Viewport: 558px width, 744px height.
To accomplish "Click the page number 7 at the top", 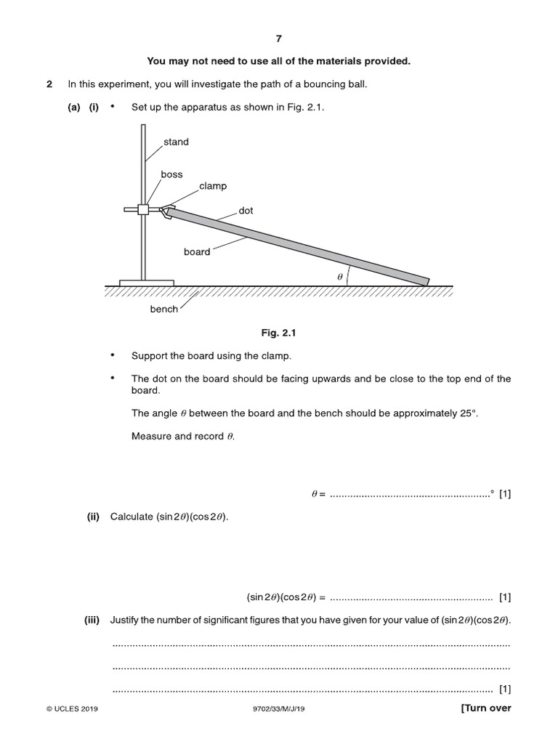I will coord(279,39).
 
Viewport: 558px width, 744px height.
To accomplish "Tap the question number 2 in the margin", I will coord(49,84).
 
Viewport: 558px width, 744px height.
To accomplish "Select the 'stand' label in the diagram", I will coord(176,142).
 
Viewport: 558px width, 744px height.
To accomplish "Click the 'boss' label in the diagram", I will coord(171,175).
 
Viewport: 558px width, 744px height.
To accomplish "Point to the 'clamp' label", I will coord(213,186).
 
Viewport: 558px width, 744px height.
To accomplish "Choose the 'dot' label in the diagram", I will coord(246,211).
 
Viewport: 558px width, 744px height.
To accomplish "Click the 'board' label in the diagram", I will coord(197,252).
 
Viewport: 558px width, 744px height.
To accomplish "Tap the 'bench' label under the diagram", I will coord(163,310).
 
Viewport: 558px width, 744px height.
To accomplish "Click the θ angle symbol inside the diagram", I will coord(339,277).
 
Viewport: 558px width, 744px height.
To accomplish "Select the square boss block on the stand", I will coord(143,209).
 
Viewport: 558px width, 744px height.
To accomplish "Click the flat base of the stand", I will coord(147,282).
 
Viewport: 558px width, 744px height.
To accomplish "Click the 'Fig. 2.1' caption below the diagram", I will coord(279,333).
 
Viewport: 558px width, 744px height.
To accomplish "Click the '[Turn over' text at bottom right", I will coord(486,708).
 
